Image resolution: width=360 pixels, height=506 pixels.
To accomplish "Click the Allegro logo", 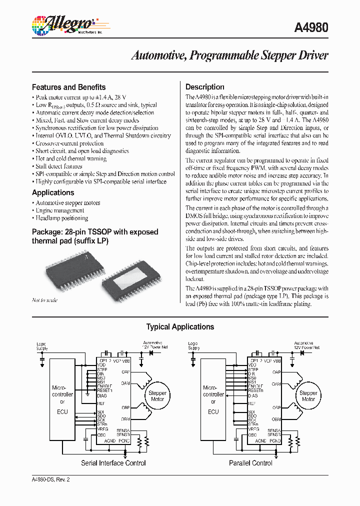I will (x=64, y=24).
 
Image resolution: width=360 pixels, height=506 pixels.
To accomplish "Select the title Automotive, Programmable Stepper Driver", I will (x=229, y=55).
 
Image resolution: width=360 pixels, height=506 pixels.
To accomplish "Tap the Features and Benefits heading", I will (x=68, y=87).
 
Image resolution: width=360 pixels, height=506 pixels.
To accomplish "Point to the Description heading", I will (x=205, y=87).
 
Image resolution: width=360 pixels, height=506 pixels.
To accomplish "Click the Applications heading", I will (x=53, y=192).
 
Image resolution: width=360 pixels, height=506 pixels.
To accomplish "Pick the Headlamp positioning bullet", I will (x=61, y=218).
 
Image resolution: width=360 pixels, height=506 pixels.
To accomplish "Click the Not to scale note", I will (x=44, y=300).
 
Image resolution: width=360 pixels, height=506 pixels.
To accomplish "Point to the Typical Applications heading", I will (x=180, y=327).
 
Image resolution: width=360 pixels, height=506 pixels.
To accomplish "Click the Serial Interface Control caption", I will (x=113, y=463).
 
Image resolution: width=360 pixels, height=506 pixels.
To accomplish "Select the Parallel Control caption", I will (x=250, y=463).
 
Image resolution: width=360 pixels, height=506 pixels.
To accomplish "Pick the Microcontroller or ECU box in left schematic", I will (x=62, y=399).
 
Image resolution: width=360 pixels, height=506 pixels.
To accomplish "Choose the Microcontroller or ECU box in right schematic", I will (x=213, y=399).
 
